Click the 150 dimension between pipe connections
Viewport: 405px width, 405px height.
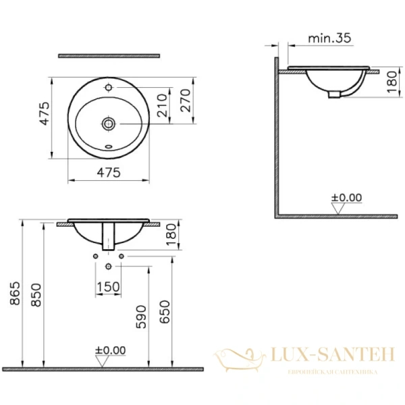(x=108, y=287)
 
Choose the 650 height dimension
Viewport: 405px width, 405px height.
(x=165, y=312)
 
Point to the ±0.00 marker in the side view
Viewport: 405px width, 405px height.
(x=346, y=198)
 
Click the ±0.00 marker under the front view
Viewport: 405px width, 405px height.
(x=110, y=350)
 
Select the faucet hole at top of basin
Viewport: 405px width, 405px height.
(x=108, y=87)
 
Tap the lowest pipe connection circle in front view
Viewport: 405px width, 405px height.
(x=108, y=267)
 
